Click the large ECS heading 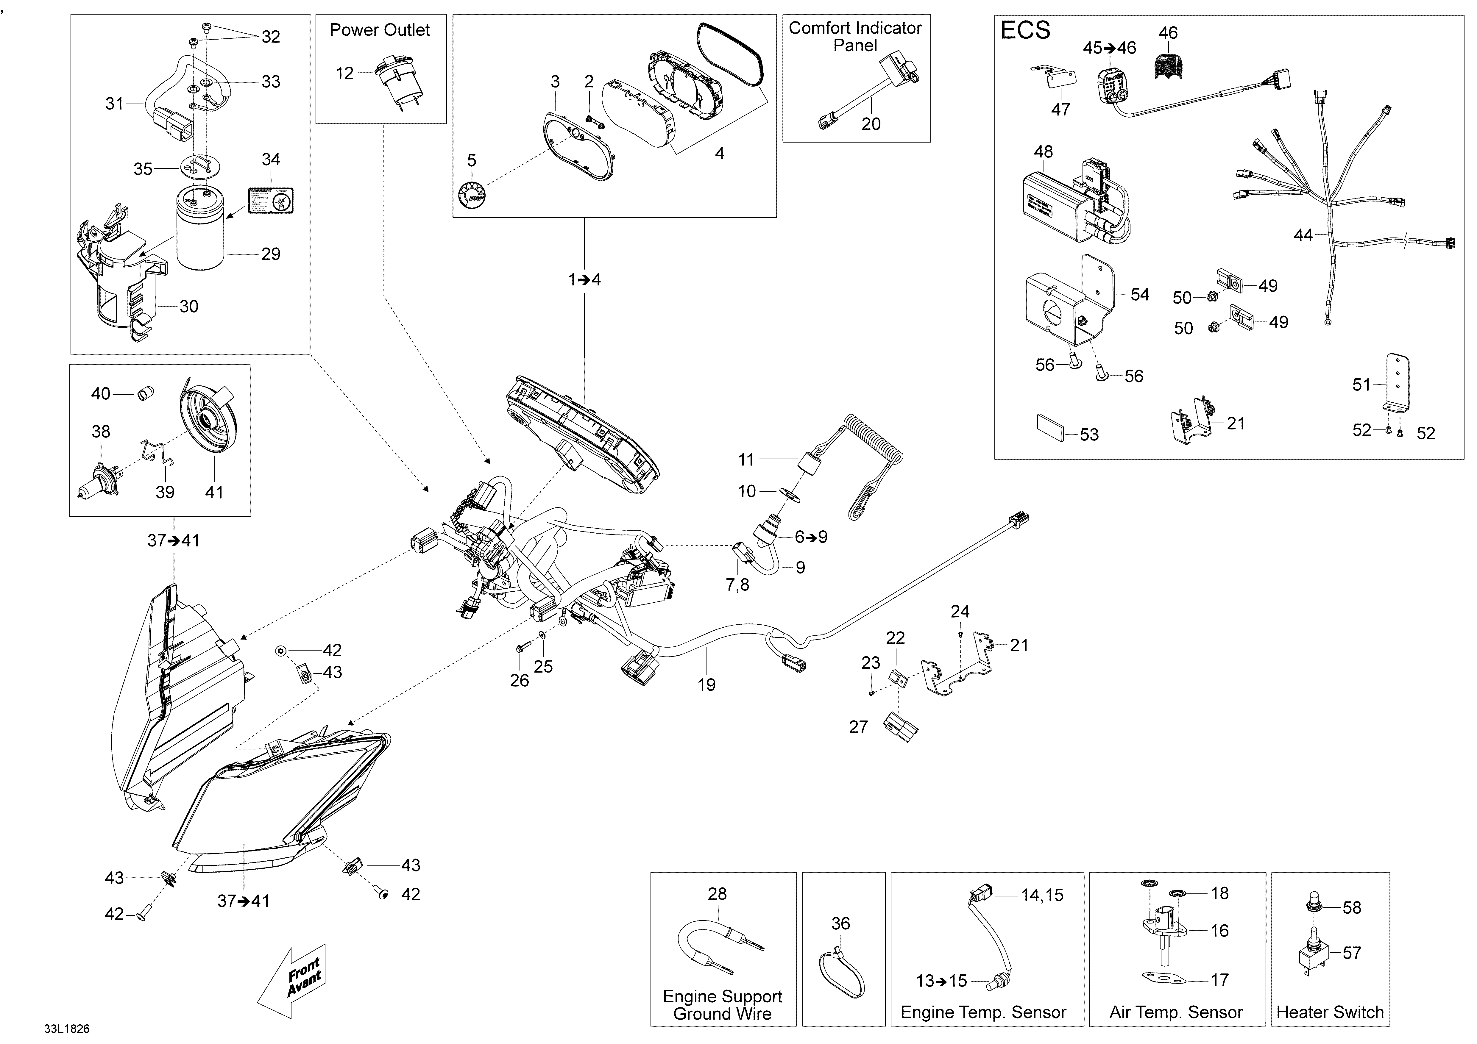[x=1025, y=30]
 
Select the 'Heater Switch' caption [x=1330, y=1012]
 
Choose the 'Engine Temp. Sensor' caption [x=983, y=1012]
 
